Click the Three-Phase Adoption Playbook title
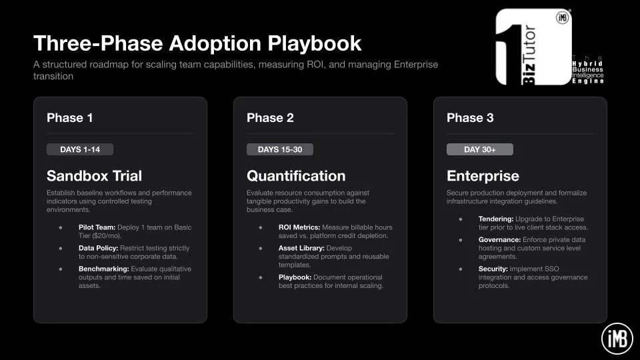click(197, 43)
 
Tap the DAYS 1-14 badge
click(80, 149)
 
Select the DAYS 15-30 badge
click(280, 149)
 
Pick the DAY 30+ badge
click(480, 149)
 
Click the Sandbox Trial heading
click(94, 176)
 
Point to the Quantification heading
click(296, 176)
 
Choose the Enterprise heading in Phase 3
click(483, 176)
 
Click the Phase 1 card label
click(70, 118)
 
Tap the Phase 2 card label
click(270, 118)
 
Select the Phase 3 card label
click(470, 118)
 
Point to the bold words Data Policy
click(99, 248)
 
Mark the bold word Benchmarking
click(104, 269)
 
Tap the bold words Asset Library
click(301, 248)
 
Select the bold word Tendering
click(496, 219)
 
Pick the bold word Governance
click(499, 240)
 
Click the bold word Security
click(493, 269)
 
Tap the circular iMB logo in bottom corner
click(617, 339)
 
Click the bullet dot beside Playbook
click(261, 277)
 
